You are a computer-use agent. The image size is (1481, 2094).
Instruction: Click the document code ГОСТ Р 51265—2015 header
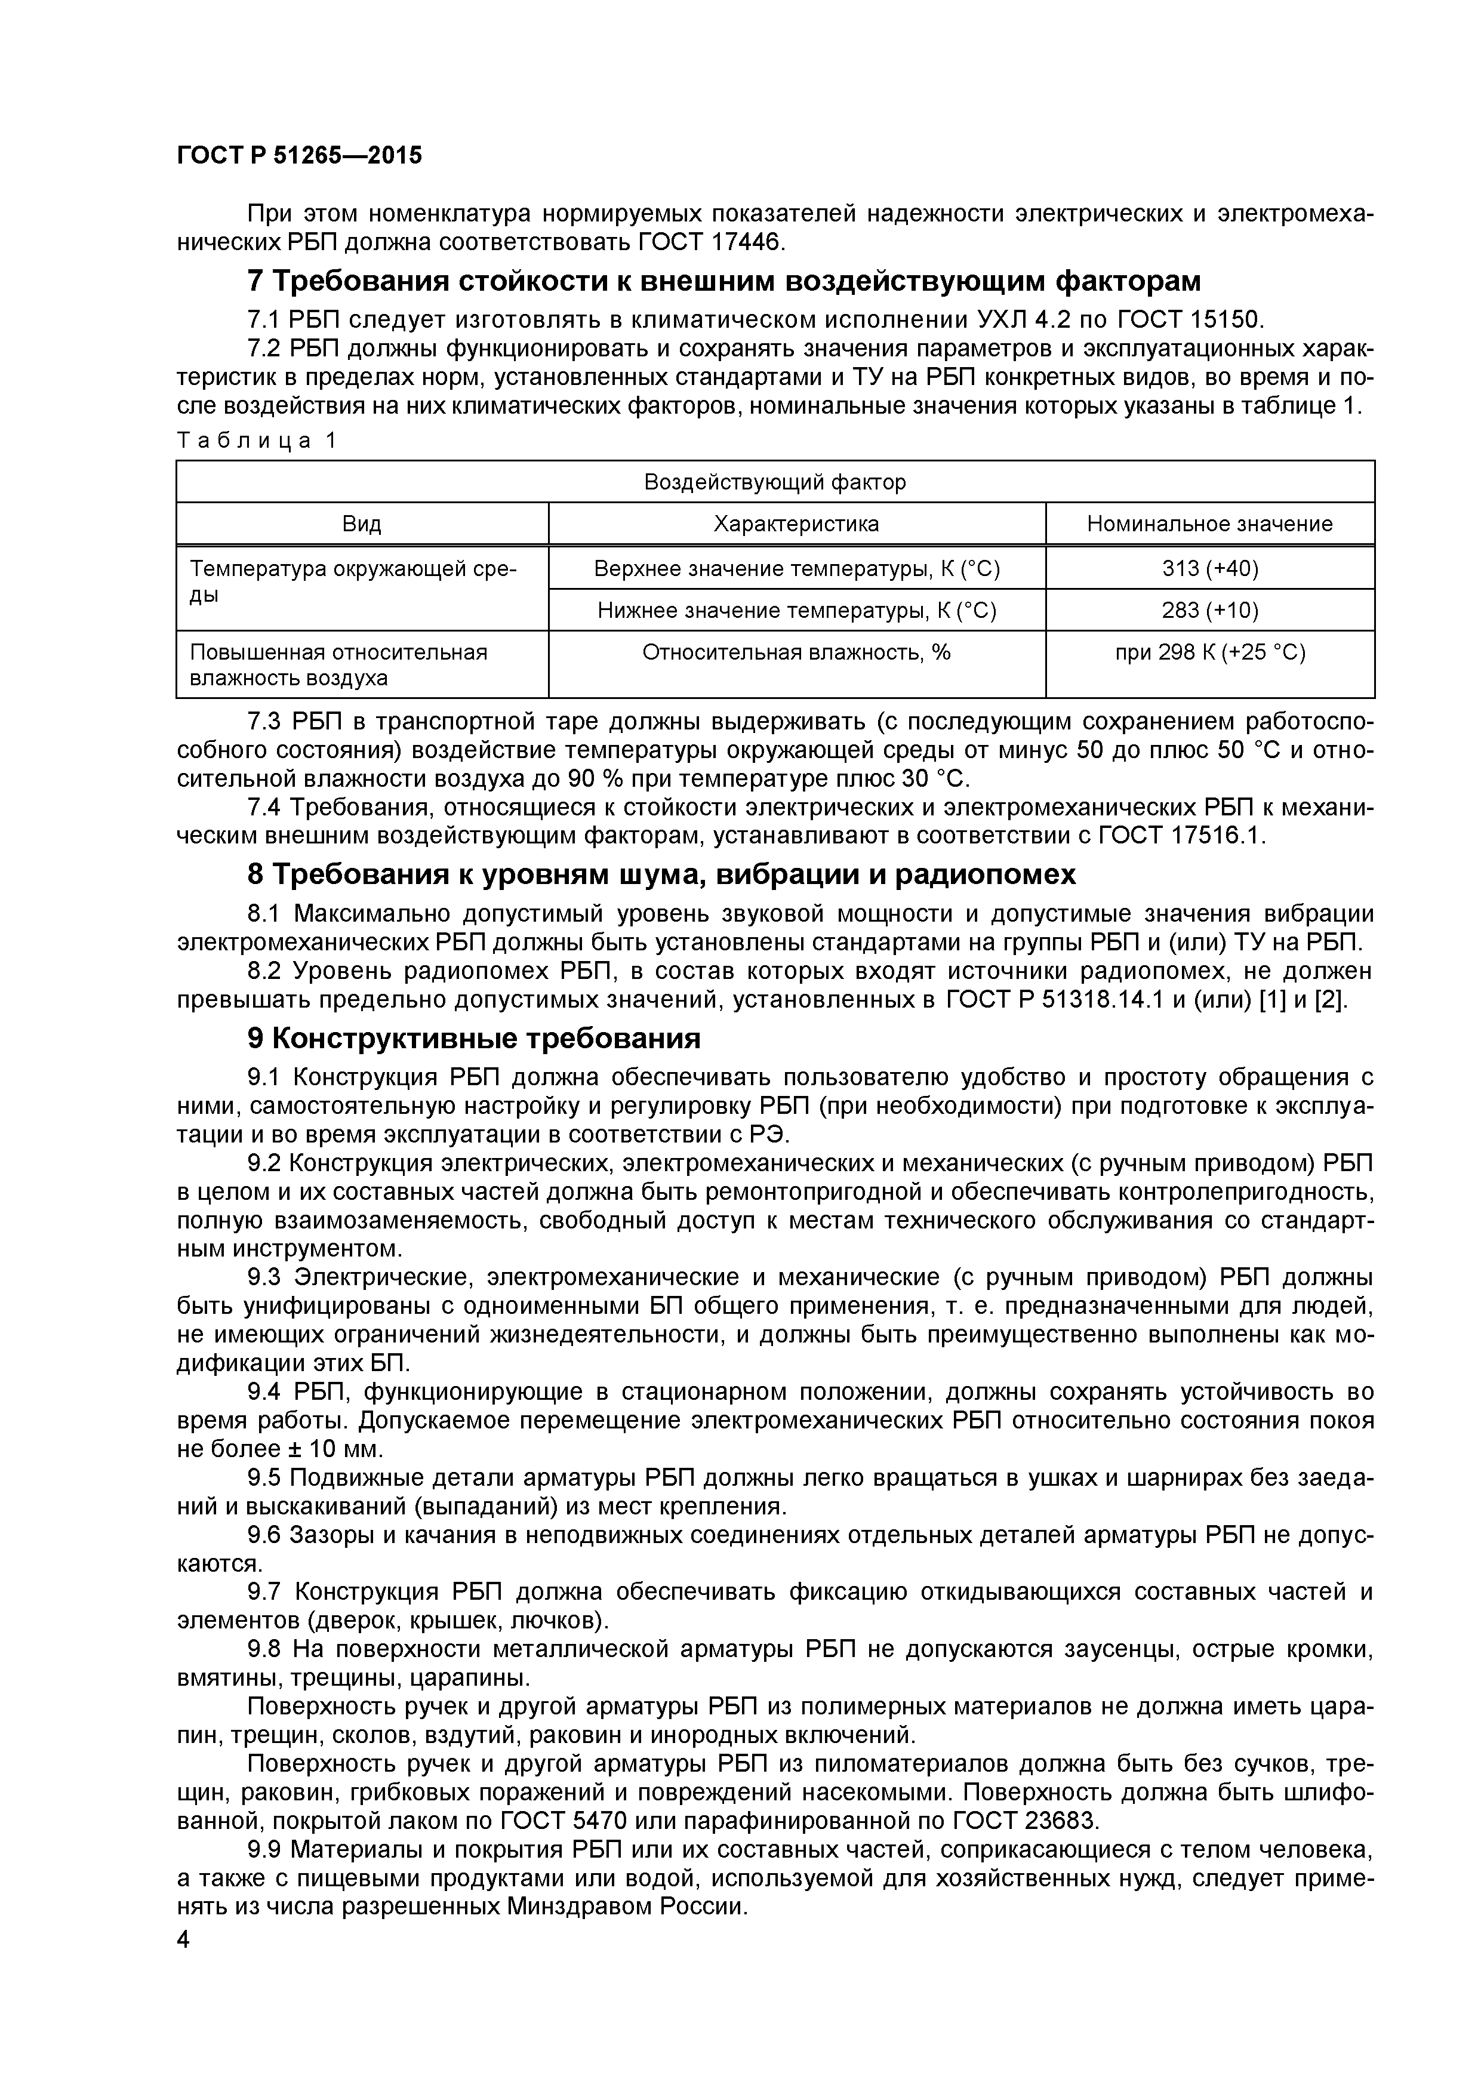pos(299,156)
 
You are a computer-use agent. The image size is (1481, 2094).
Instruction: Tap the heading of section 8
pos(661,874)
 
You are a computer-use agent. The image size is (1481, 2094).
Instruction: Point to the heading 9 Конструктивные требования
pos(474,1039)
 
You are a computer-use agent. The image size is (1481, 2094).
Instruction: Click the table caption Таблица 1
pos(256,441)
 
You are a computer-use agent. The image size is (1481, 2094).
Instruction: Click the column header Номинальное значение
pos(1209,525)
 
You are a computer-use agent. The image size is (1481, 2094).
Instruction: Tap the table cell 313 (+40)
pos(1209,569)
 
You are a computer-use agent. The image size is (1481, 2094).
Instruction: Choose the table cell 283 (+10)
pos(1209,610)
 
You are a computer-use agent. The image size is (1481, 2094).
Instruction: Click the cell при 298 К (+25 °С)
pos(1209,653)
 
